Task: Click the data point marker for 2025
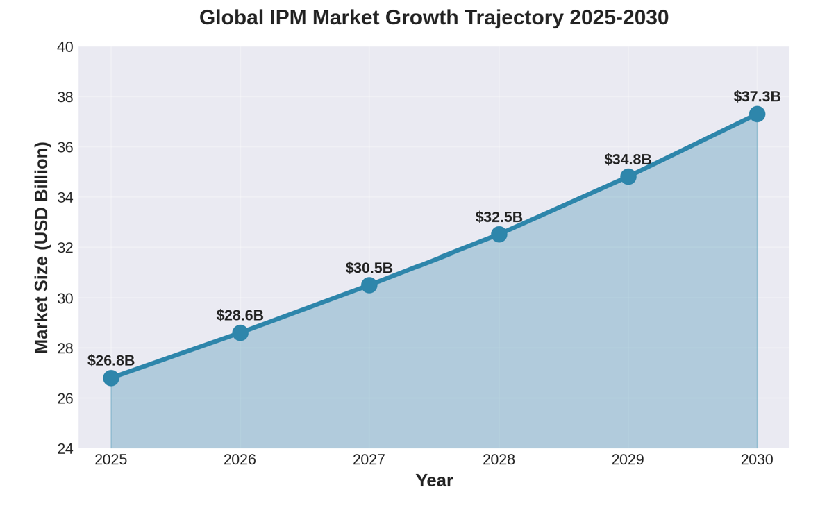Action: [x=111, y=378]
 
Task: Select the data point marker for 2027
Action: [x=369, y=285]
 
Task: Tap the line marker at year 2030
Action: [x=757, y=114]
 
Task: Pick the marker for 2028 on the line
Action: [x=499, y=235]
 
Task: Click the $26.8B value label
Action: [x=111, y=360]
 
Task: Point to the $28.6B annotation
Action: [x=240, y=315]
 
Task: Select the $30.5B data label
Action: [x=369, y=268]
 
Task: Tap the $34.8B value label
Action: [x=628, y=159]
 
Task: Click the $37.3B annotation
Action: [x=757, y=96]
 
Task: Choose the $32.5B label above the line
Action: [x=499, y=217]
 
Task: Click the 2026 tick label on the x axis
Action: [x=240, y=459]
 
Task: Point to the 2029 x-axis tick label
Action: [x=628, y=459]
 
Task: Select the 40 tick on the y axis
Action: [x=65, y=47]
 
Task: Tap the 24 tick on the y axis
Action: [x=65, y=448]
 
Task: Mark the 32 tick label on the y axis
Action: [x=65, y=248]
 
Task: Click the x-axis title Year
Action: [x=434, y=480]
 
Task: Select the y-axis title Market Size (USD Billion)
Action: [x=42, y=248]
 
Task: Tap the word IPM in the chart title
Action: [x=287, y=17]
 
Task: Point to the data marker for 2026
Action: [x=240, y=332]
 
